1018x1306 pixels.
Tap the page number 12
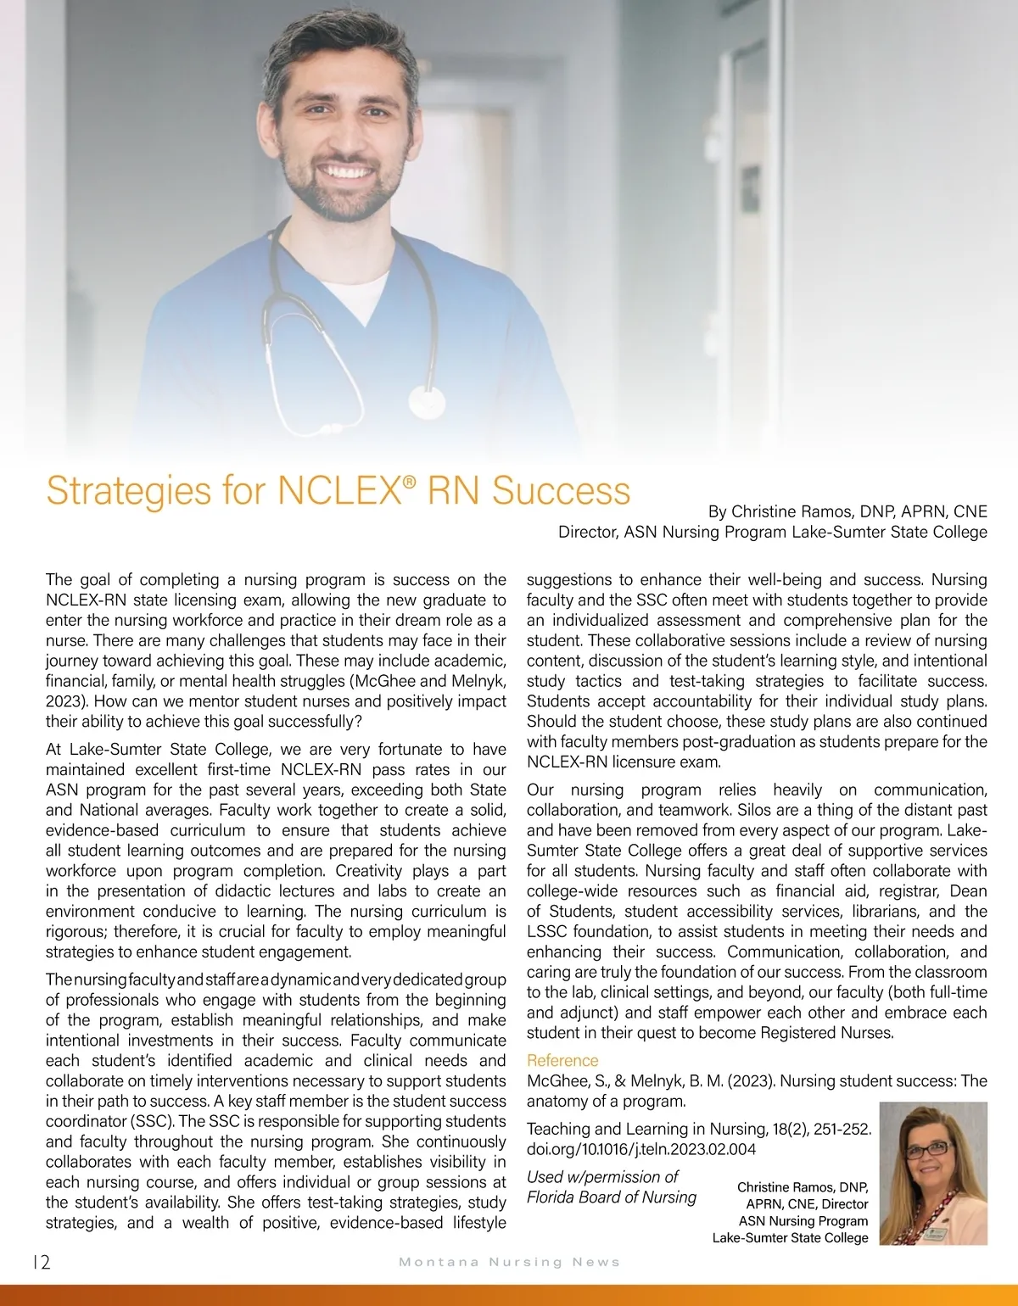pos(41,1262)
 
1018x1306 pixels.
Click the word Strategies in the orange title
pos(116,491)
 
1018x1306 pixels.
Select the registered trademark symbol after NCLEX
pos(410,482)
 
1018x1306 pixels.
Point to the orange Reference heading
pos(562,1060)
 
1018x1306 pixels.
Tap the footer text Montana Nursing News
pos(509,1262)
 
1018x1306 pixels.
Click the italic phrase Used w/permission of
pos(602,1176)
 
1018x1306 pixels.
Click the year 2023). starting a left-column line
pos(68,701)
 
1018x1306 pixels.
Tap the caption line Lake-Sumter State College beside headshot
pos(790,1237)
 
